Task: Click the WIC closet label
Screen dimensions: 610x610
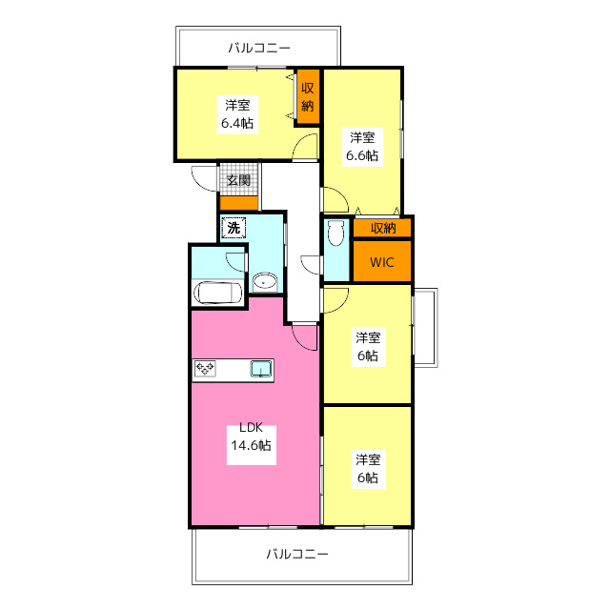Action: (381, 261)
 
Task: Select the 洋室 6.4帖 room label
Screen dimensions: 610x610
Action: (239, 113)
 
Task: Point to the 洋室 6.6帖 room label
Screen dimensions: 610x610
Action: (362, 145)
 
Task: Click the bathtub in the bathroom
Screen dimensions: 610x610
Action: (217, 294)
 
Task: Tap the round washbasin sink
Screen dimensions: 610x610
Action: (265, 281)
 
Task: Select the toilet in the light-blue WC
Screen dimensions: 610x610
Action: (335, 234)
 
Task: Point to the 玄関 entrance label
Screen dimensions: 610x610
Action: (238, 180)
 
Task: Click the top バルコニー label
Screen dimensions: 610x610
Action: (258, 46)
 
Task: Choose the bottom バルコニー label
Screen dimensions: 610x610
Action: (296, 554)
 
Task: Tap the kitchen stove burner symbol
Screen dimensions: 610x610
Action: (206, 369)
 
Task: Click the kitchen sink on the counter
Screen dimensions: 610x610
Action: (261, 369)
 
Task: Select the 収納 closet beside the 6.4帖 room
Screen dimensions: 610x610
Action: (308, 97)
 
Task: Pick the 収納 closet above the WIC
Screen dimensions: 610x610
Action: (383, 228)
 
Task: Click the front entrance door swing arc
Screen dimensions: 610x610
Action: (205, 177)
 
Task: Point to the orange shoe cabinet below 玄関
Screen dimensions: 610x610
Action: (238, 202)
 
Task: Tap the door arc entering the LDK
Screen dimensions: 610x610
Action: (305, 336)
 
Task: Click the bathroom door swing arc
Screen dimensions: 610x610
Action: (235, 261)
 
